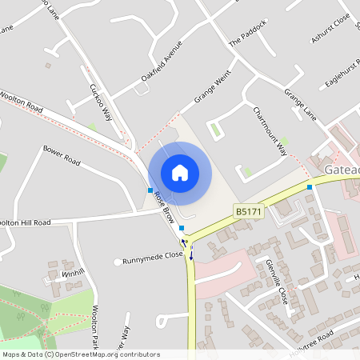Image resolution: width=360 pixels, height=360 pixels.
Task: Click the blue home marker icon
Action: (x=180, y=172)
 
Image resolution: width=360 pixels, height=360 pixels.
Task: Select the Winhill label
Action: (x=73, y=273)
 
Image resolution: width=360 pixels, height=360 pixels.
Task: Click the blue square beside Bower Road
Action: (x=150, y=190)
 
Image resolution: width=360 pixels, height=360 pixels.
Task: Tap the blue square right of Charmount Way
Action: (x=310, y=187)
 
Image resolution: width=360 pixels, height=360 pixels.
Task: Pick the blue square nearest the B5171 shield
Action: (x=182, y=228)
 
